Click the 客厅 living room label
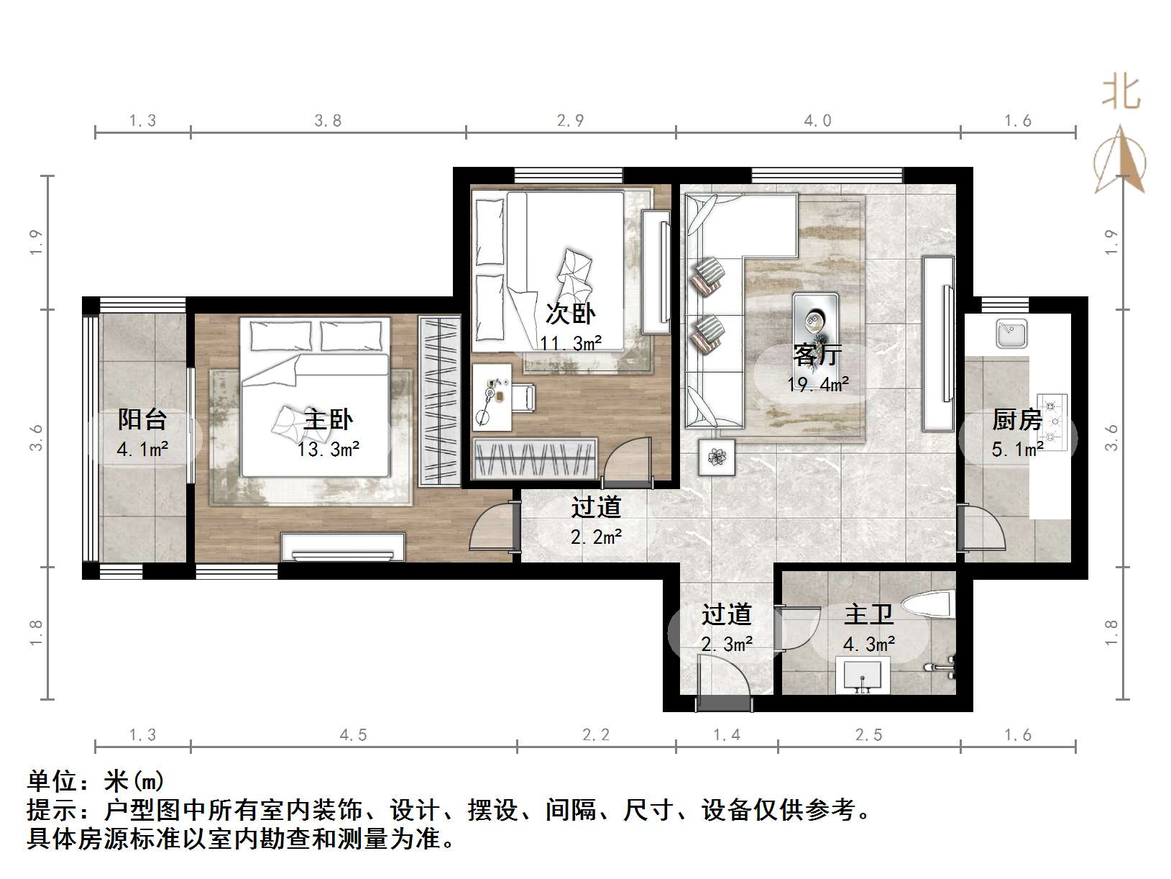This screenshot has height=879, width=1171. (817, 354)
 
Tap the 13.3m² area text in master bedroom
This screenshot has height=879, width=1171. (329, 450)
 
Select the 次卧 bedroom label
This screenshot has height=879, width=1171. (571, 314)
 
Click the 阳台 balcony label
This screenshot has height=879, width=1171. (142, 419)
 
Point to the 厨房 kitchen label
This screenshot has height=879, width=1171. (1016, 419)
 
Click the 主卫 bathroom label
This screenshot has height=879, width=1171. (868, 614)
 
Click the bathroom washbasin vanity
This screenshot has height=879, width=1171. (863, 675)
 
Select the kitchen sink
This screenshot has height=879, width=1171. (1011, 334)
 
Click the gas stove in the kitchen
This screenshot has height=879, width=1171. (1051, 422)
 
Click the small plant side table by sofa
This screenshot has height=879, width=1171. (717, 457)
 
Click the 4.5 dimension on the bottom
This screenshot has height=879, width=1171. (353, 734)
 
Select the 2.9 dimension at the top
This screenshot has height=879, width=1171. (570, 121)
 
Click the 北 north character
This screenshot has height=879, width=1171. (1121, 94)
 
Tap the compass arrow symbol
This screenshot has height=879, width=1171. (1120, 161)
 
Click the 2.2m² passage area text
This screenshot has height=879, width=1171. (596, 537)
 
